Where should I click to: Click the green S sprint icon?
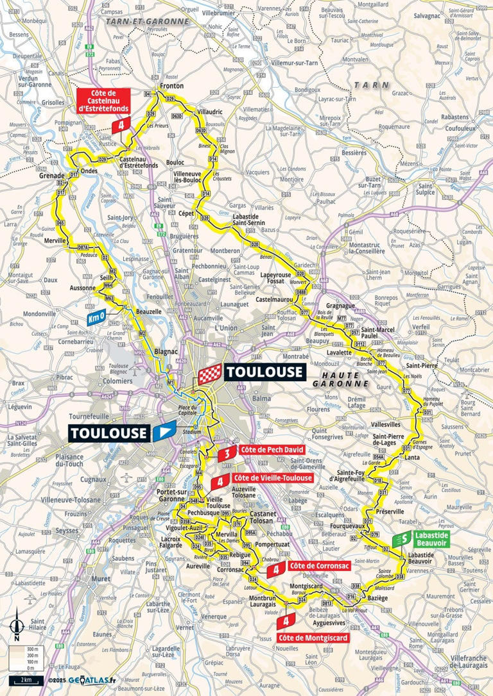click(x=404, y=539)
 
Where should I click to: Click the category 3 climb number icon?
click(x=226, y=454)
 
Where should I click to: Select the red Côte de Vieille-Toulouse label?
click(x=273, y=478)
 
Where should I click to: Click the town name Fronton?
click(x=171, y=86)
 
